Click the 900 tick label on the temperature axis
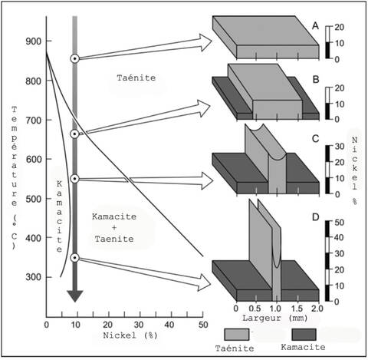tap(33, 41)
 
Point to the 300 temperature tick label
tap(33, 277)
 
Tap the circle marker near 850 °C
tap(75, 59)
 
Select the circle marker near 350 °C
tap(75, 258)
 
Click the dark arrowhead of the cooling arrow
tap(75, 296)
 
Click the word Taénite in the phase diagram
tap(136, 78)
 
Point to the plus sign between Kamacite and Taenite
tap(114, 227)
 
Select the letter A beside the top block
tap(316, 26)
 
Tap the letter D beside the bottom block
tap(316, 217)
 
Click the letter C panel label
tap(316, 139)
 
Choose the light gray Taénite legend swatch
tap(236, 335)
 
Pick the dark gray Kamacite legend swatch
tap(304, 335)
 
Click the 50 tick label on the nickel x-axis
tap(203, 325)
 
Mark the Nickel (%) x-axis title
tap(130, 335)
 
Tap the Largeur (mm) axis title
tap(274, 318)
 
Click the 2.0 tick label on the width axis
tap(317, 309)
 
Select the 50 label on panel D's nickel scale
tap(340, 223)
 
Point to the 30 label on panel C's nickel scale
tap(340, 147)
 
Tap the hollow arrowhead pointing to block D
tap(205, 282)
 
